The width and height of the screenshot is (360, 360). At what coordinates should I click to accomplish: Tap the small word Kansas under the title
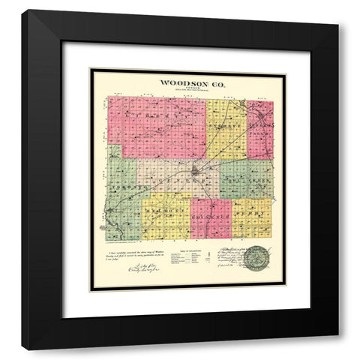[186, 89]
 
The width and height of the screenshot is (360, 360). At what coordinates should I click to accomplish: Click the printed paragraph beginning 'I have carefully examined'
[135, 256]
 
